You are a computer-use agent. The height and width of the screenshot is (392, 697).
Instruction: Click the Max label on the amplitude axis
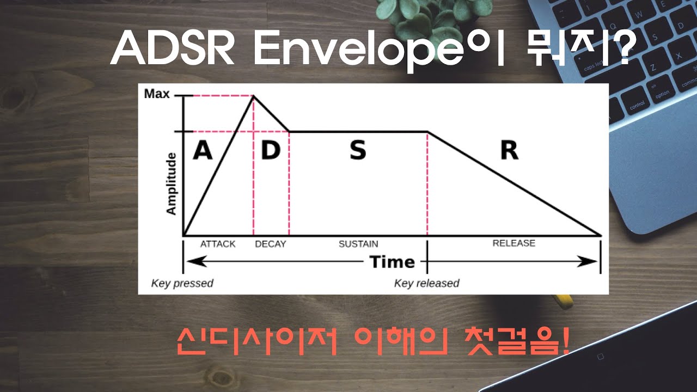[x=157, y=94]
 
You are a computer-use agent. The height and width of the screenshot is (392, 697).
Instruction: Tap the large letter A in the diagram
[x=203, y=151]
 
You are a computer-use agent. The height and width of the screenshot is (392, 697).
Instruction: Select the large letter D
[x=270, y=151]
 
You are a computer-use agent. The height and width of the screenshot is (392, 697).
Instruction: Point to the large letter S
[x=358, y=151]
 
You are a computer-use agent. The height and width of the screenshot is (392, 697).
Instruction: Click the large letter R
[x=509, y=151]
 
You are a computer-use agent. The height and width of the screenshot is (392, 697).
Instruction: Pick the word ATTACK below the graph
[x=218, y=244]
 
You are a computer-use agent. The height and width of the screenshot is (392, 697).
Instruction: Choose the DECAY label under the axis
[x=270, y=244]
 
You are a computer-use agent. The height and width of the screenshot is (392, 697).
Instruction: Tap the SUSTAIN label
[x=358, y=244]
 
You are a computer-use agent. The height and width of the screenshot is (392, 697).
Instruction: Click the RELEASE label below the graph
[x=513, y=243]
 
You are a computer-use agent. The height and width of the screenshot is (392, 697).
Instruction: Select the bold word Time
[x=392, y=262]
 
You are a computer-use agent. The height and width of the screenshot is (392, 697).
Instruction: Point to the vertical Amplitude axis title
[x=172, y=183]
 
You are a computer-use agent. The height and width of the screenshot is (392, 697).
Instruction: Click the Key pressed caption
[x=182, y=283]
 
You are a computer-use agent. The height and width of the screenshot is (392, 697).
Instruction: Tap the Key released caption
[x=426, y=283]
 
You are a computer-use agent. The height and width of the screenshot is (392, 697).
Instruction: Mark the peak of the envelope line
[x=253, y=96]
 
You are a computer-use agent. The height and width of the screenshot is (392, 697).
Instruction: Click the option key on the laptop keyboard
[x=662, y=94]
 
